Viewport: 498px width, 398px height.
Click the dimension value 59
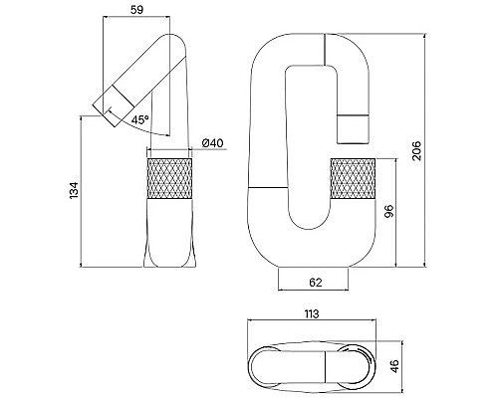point(138,11)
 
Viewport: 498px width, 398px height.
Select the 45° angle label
point(138,119)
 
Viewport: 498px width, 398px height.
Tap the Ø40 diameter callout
point(212,142)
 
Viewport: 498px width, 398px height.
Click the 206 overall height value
point(418,148)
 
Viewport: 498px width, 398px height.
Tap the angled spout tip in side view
point(108,100)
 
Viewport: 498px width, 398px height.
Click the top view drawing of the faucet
point(309,363)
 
